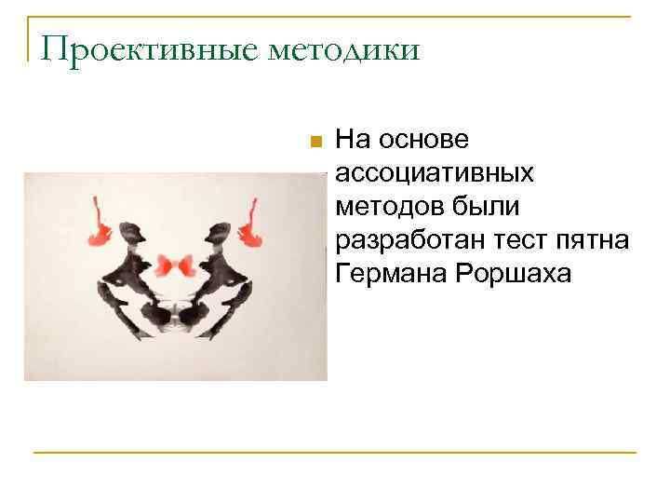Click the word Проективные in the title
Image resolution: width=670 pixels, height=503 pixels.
coord(145,49)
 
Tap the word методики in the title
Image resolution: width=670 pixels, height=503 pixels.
coord(344,49)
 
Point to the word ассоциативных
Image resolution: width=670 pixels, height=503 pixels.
coord(435,173)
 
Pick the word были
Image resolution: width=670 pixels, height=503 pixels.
coord(484,207)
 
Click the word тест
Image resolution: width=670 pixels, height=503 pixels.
coord(509,240)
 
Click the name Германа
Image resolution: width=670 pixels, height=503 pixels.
coord(388,274)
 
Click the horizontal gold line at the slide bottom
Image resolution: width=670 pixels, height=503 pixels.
coord(335,453)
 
